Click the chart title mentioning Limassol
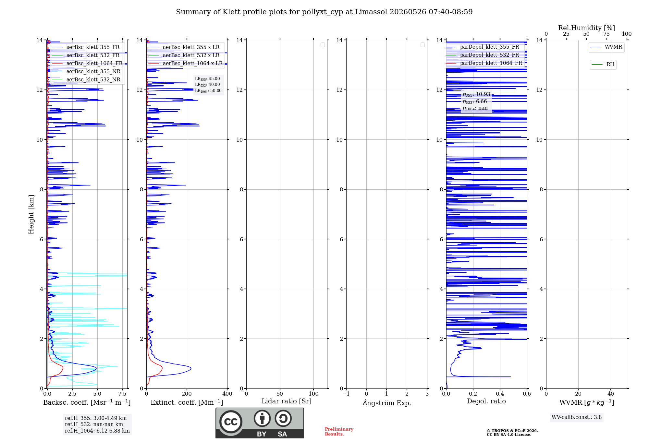(324, 12)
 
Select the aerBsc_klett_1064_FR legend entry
(87, 64)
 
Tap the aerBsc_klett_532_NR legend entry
(86, 80)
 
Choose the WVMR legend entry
(606, 47)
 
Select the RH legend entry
(603, 65)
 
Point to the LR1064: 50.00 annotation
(208, 91)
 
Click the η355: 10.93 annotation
(476, 94)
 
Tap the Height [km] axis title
(31, 214)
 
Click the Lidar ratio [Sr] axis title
(287, 401)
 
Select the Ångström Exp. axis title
(387, 403)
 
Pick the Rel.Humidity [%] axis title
(586, 28)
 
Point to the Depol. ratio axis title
(486, 401)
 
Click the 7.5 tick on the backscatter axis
(122, 394)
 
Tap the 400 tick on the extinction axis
(227, 394)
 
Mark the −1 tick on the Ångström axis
(346, 394)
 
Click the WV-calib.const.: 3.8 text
(577, 417)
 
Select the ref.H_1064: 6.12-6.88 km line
(97, 431)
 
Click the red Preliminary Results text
(339, 432)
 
